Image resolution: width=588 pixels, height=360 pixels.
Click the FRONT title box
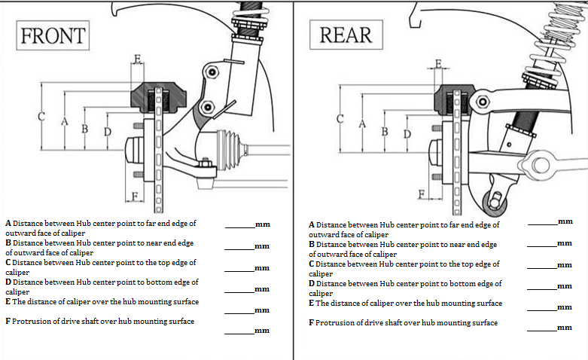53,35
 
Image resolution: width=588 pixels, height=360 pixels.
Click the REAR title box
346,34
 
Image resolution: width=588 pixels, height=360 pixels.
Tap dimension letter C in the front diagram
41,117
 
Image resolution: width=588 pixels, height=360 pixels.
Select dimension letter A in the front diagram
65,121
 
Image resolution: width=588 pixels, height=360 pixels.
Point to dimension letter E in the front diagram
136,58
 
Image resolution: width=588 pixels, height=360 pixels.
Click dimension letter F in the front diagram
134,197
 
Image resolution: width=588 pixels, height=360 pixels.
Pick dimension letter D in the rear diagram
407,134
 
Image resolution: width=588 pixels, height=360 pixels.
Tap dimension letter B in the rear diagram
385,131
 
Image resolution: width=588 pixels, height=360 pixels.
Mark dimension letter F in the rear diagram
423,194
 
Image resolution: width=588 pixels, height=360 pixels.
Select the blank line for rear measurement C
542,267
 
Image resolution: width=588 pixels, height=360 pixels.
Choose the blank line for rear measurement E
542,309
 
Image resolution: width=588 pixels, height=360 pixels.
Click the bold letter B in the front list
8,243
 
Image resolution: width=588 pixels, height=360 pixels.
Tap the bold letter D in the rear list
312,284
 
